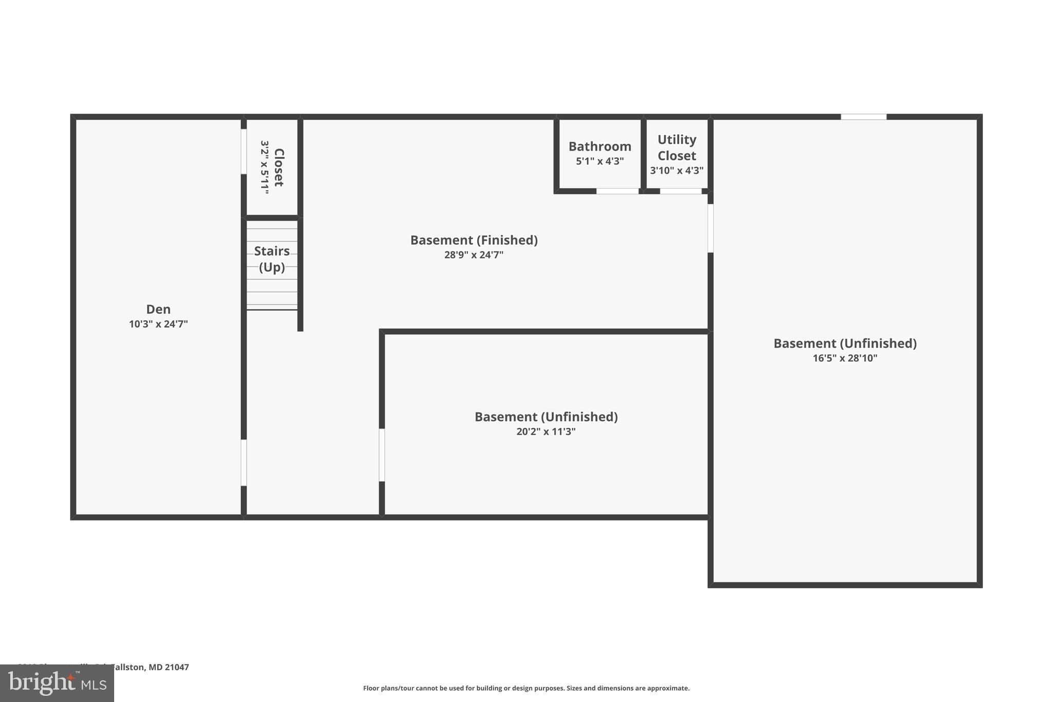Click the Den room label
pos(158,309)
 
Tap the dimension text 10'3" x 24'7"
pos(158,324)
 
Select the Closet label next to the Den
pos(279,167)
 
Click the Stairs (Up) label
pos(271,259)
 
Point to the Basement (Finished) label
pos(474,240)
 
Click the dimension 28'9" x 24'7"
pos(474,255)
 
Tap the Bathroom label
pos(600,147)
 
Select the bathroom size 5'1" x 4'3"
pos(600,161)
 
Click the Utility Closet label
pos(677,148)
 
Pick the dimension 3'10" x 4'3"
pos(677,170)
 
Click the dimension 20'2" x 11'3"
pos(546,431)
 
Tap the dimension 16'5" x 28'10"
pos(845,358)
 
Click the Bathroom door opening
pos(617,191)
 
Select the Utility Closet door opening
pos(680,191)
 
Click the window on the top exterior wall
pos(863,117)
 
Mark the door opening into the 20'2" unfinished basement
pos(382,455)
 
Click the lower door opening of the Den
pos(244,462)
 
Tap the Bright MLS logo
pos(57,683)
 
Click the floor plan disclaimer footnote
pos(526,688)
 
